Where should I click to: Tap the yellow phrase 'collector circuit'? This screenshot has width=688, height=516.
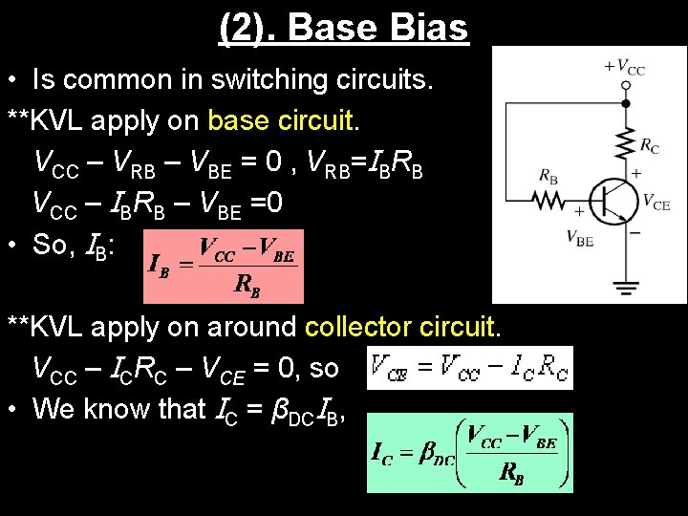400,327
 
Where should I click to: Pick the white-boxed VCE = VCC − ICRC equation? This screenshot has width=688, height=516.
470,368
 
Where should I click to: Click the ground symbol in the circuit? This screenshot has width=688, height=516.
626,288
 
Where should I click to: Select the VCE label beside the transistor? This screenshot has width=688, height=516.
656,202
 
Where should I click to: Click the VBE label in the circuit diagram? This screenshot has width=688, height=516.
579,238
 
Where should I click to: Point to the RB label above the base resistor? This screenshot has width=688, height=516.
548,177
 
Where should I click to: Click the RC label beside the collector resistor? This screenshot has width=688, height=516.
650,146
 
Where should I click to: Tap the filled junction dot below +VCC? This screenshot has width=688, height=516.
626,102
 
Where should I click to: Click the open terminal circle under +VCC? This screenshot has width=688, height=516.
626,84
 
